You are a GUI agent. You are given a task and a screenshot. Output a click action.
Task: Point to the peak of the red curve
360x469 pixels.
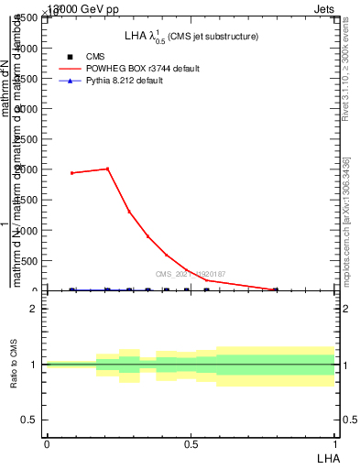pos(108,169)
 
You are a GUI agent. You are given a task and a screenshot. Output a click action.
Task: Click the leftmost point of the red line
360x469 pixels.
pos(71,172)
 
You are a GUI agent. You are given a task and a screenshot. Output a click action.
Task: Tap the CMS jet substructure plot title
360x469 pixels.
pos(191,36)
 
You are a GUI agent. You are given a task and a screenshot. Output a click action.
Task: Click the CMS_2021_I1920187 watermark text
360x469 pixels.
pos(190,274)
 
